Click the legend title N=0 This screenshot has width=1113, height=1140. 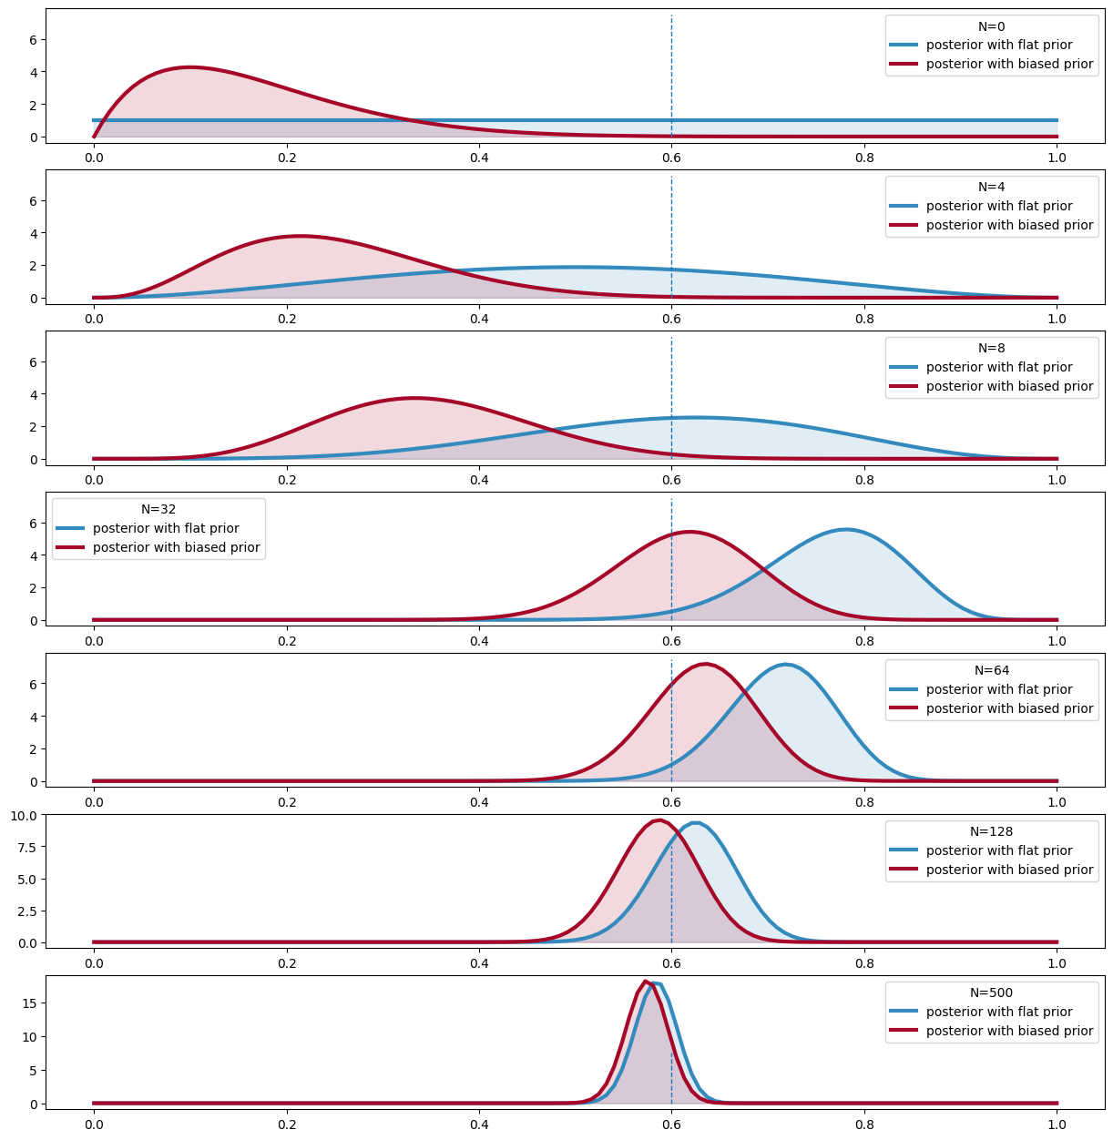point(991,26)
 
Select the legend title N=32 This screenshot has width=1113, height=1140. point(158,509)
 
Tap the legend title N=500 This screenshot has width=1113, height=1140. point(991,992)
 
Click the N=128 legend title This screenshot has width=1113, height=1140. point(991,831)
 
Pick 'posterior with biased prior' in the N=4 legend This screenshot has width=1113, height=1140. point(1009,225)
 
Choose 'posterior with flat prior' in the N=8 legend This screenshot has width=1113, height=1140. point(999,367)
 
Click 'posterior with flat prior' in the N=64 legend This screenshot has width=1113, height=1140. point(999,689)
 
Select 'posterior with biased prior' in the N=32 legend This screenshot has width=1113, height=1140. point(176,547)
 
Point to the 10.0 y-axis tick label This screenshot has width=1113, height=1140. point(24,815)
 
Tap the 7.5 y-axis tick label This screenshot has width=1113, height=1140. point(27,847)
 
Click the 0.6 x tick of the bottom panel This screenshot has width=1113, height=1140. point(671,1124)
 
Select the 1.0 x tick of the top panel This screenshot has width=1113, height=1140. point(1057,157)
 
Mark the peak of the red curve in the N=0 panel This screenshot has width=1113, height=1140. point(189,67)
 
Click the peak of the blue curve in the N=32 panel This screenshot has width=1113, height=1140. point(846,529)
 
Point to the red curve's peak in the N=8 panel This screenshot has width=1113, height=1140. point(414,398)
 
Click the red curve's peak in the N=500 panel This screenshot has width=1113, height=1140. point(645,982)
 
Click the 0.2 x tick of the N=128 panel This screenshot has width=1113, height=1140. point(286,962)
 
